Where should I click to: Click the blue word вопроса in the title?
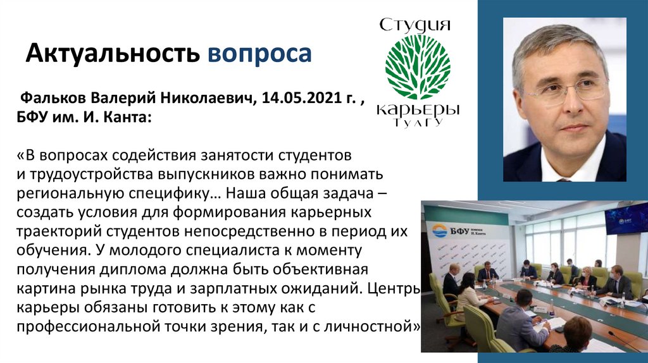(x=259, y=54)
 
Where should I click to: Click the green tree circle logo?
(x=418, y=67)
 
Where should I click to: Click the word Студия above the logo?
(x=415, y=26)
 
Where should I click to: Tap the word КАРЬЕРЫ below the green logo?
(x=418, y=109)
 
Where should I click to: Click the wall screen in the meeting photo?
(x=626, y=218)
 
